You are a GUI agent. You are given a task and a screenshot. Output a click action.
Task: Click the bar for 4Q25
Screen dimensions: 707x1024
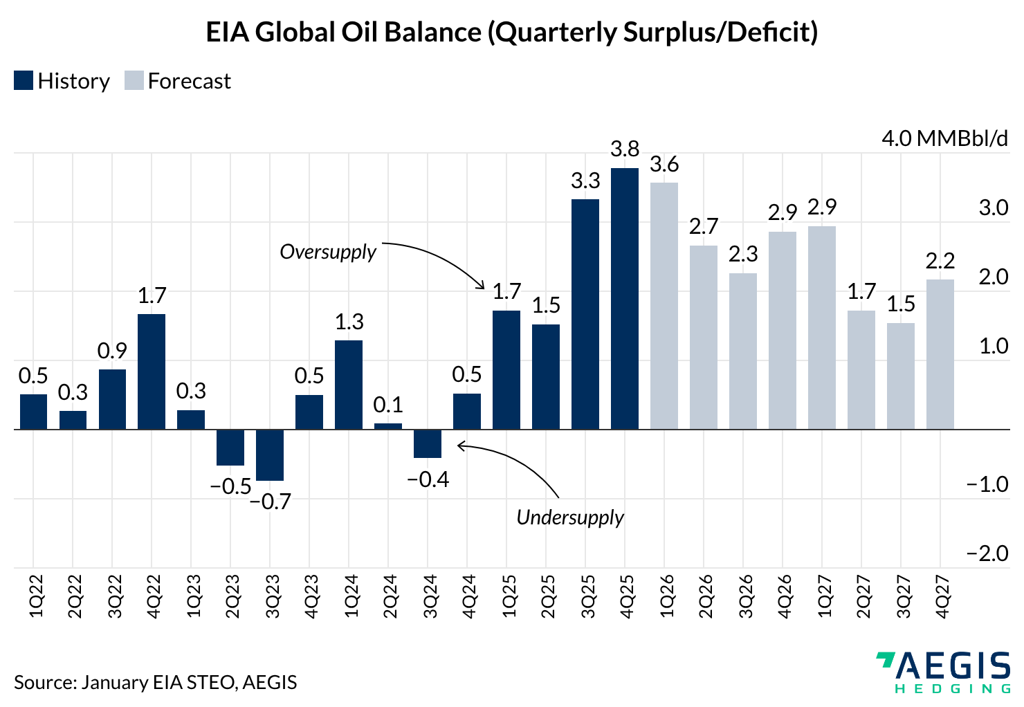[x=625, y=298]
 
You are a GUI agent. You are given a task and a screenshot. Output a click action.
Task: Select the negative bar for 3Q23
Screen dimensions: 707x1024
[x=270, y=454]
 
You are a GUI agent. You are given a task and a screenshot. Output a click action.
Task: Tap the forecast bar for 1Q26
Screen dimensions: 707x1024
[x=664, y=306]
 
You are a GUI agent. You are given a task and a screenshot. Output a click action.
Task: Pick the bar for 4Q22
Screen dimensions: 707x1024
[x=152, y=371]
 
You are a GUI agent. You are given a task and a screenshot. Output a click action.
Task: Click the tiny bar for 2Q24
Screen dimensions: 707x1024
[x=388, y=426]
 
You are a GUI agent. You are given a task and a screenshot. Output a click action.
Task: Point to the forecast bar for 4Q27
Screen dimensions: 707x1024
[x=940, y=354]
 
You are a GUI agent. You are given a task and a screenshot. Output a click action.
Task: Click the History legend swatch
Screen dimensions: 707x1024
[x=24, y=81]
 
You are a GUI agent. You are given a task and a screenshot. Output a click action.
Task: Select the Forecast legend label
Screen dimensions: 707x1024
[x=189, y=81]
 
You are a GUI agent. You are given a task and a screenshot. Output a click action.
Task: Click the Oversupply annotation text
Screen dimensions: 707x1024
[x=328, y=251]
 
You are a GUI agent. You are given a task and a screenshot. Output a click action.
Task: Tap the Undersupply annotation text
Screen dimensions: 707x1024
[x=570, y=517]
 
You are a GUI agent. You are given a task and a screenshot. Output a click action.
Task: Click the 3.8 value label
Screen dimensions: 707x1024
[x=625, y=149]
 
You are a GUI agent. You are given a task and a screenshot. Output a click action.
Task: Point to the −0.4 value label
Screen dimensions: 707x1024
[x=428, y=479]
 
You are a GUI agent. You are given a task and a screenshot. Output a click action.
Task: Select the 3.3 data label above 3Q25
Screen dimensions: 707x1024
[x=585, y=181]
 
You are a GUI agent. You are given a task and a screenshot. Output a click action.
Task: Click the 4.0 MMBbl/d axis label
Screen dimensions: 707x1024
[x=944, y=138]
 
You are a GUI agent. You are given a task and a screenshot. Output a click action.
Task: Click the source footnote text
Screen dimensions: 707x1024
[x=155, y=682]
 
